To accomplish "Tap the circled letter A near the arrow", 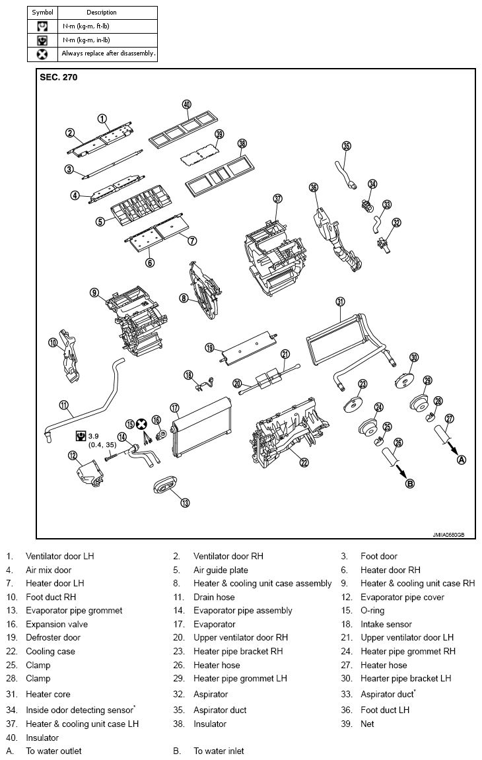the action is point(462,460).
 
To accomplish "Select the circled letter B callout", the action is point(410,483).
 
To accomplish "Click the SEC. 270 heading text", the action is point(58,77).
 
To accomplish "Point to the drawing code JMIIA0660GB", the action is point(448,535).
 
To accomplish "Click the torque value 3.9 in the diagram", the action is point(93,436).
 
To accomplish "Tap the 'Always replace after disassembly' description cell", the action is point(109,53).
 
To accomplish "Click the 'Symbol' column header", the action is point(43,12).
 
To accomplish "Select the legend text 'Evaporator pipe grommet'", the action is point(74,611).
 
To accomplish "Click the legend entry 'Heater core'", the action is point(48,694).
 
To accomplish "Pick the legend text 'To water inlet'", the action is point(219,751).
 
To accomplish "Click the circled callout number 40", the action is point(187,104).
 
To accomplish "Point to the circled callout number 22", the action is point(304,462).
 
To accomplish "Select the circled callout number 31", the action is point(341,302).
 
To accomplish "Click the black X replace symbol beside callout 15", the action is point(141,424).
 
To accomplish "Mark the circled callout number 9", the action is point(94,293).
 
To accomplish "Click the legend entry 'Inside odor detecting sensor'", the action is point(79,710).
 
